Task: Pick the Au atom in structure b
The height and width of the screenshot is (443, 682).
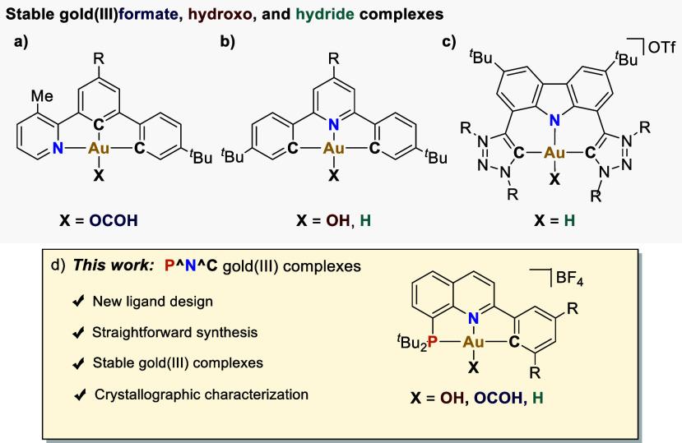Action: tap(333, 150)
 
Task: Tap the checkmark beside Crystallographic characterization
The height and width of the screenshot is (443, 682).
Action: tap(81, 395)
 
